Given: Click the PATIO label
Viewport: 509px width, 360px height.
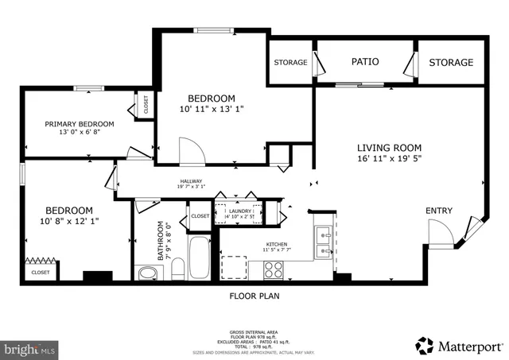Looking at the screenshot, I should pyautogui.click(x=365, y=61).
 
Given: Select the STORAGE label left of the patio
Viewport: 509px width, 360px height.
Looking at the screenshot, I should pyautogui.click(x=290, y=62).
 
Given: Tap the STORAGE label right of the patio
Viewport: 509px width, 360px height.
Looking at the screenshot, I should pyautogui.click(x=451, y=62).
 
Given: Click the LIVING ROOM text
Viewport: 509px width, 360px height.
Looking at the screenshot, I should pyautogui.click(x=389, y=148).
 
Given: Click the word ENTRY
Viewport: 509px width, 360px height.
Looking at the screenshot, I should pyautogui.click(x=439, y=210).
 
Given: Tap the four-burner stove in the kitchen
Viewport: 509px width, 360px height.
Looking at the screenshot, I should pyautogui.click(x=274, y=269).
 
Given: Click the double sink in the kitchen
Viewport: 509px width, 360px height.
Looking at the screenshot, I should pyautogui.click(x=324, y=242).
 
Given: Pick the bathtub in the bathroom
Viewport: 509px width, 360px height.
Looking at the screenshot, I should pyautogui.click(x=199, y=257).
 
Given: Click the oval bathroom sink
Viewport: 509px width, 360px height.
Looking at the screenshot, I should pyautogui.click(x=148, y=274).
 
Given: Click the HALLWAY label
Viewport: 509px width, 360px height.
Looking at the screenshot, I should pyautogui.click(x=191, y=181).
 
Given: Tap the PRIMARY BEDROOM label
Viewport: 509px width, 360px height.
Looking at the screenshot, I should pyautogui.click(x=79, y=124).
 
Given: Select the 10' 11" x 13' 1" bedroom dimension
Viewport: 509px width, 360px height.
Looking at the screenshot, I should pyautogui.click(x=212, y=110).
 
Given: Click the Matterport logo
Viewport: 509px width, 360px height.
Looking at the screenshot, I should pyautogui.click(x=460, y=345).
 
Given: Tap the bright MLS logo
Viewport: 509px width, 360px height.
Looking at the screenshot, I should pyautogui.click(x=30, y=348).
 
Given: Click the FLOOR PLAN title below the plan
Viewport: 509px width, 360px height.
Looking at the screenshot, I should pyautogui.click(x=254, y=296).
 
